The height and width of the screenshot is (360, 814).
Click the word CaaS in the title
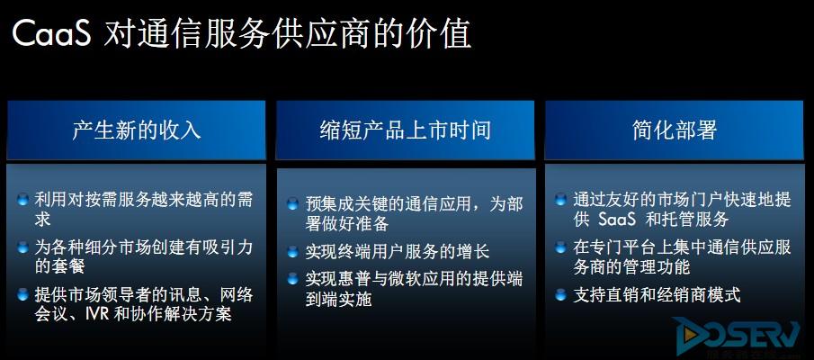tap(51, 33)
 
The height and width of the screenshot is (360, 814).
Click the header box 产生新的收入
tap(136, 130)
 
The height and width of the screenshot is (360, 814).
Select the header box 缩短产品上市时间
tap(405, 130)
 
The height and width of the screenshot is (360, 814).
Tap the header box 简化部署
tap(675, 130)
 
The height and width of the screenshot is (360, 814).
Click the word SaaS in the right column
tap(617, 220)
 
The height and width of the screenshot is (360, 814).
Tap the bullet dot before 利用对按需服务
tap(22, 200)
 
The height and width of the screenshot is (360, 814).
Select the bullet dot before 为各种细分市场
tap(22, 247)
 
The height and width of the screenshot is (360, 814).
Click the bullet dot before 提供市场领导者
tap(22, 295)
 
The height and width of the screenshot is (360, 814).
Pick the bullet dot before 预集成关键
tap(293, 203)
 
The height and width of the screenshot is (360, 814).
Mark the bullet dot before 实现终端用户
tap(293, 251)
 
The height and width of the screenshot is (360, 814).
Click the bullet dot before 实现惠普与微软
tap(293, 279)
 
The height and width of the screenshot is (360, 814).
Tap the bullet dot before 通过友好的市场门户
tap(560, 200)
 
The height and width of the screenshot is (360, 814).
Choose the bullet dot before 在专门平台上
tap(560, 247)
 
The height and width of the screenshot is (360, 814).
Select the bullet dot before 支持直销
tap(560, 295)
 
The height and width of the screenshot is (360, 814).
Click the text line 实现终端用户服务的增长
tap(398, 252)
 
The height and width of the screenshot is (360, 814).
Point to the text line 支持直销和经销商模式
tap(657, 295)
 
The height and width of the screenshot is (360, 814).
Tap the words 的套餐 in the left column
tap(60, 267)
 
